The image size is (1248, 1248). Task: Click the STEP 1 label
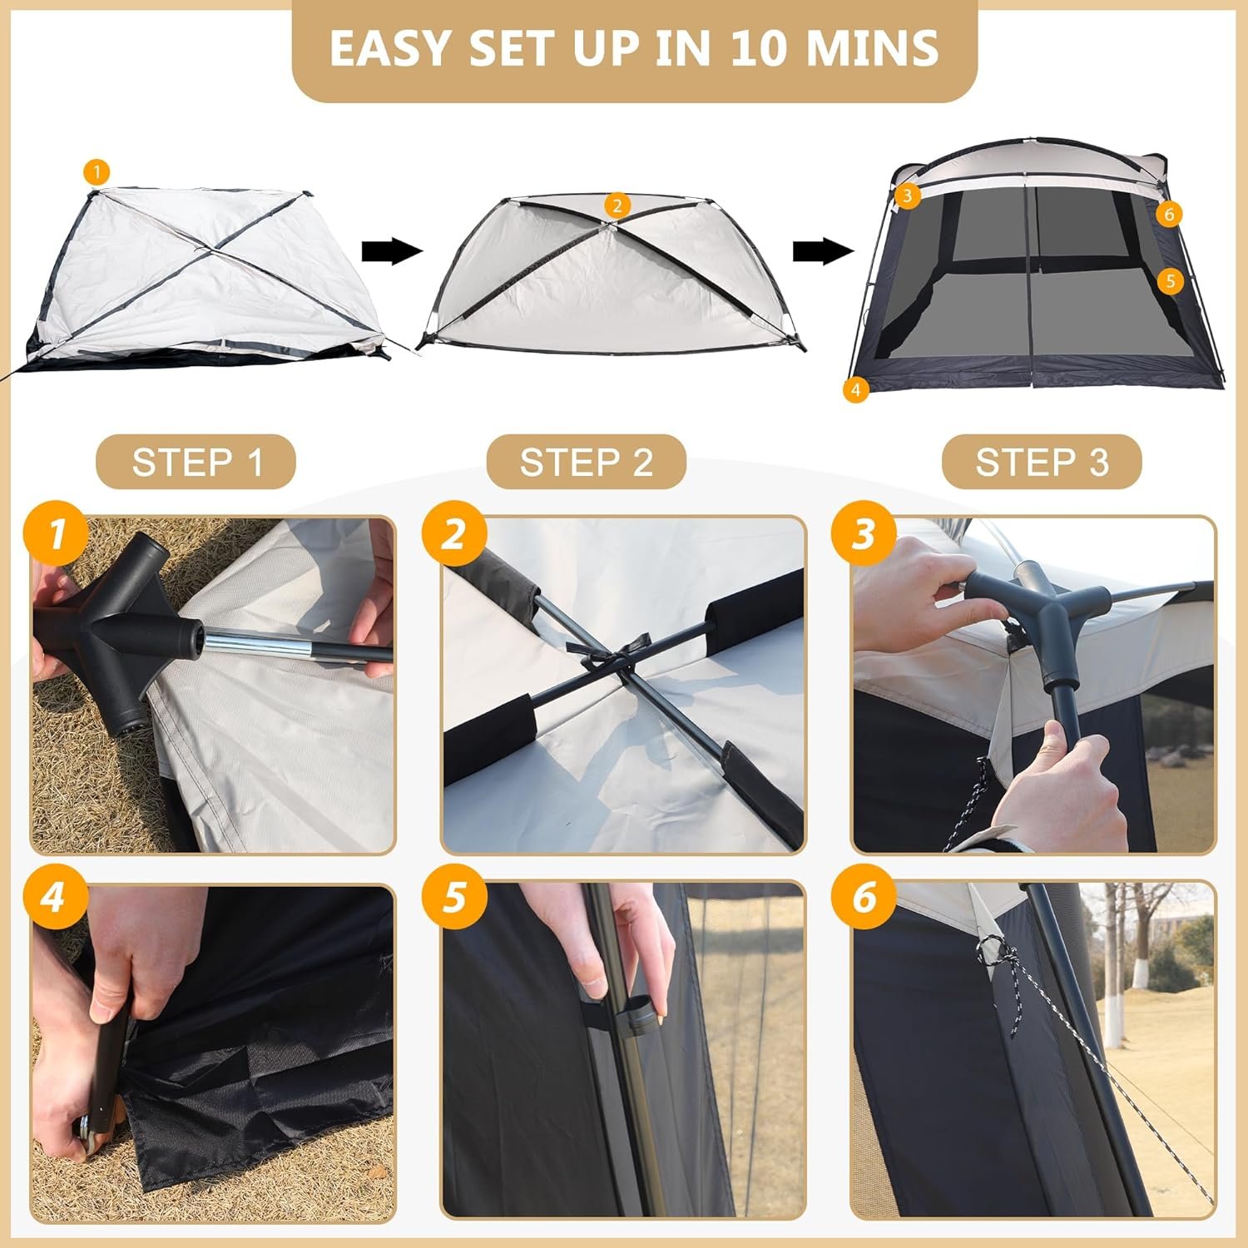click(196, 462)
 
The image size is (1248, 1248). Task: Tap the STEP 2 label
click(587, 462)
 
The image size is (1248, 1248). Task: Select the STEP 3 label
click(1042, 462)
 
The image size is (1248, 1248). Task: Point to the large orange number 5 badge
click(453, 898)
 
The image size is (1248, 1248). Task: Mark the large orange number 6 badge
click(864, 898)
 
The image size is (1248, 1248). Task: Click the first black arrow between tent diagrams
click(393, 250)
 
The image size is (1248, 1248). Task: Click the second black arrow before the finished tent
click(823, 250)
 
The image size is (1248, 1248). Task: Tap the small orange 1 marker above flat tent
click(97, 173)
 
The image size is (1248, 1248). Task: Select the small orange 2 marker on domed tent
click(617, 206)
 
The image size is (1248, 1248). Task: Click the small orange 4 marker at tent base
click(855, 389)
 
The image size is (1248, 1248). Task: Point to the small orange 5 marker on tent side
click(1170, 280)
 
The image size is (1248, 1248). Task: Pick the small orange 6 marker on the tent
click(1169, 214)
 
